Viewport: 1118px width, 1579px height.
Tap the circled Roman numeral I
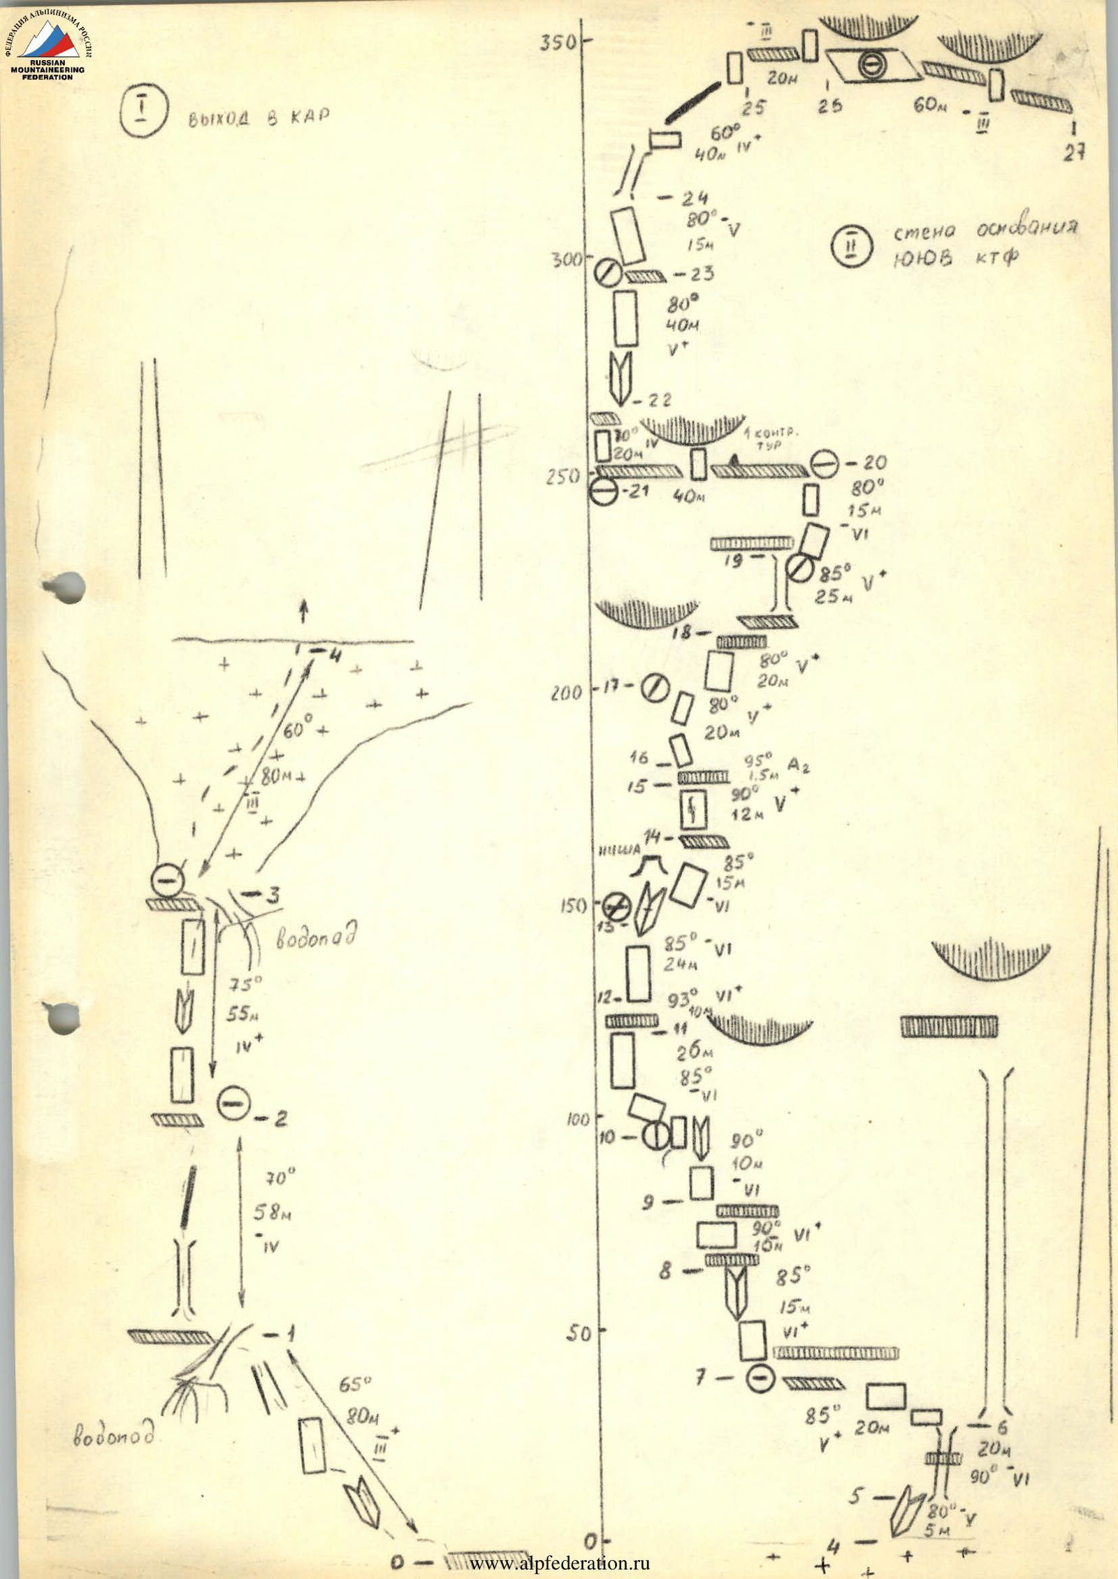pyautogui.click(x=143, y=115)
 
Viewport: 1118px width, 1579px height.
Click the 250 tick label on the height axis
pyautogui.click(x=562, y=477)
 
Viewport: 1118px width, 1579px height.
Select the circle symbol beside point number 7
pyautogui.click(x=760, y=1377)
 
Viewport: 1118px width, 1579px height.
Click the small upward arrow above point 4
pyautogui.click(x=303, y=612)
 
